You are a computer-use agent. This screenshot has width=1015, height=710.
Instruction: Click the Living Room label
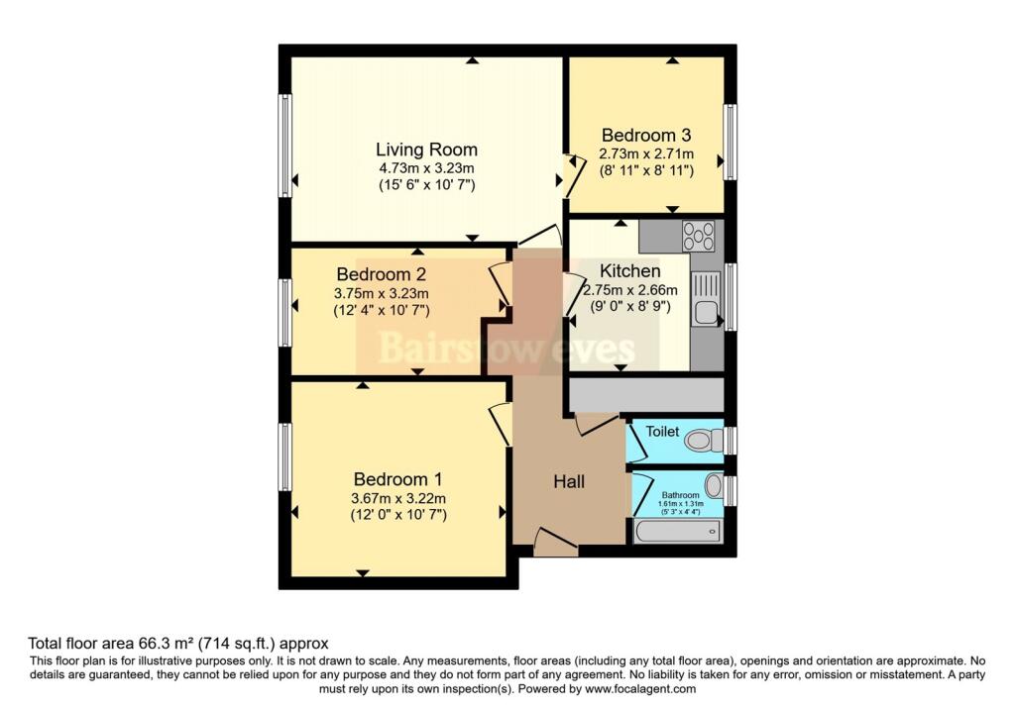[x=426, y=150]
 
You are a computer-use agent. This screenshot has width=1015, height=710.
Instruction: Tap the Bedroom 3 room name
[x=645, y=135]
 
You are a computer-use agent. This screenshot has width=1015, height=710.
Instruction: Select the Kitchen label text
[x=630, y=270]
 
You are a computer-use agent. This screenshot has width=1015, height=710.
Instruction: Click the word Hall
[x=569, y=481]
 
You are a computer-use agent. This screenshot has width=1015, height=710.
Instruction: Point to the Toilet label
[x=662, y=432]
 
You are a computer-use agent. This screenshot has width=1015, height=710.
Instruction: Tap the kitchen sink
[x=706, y=314]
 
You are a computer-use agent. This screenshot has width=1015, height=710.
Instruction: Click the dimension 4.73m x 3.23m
[x=426, y=168]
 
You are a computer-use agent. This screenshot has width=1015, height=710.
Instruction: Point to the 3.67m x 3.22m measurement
[x=400, y=497]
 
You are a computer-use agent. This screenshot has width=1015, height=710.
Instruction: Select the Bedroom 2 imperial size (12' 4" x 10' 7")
[x=381, y=309]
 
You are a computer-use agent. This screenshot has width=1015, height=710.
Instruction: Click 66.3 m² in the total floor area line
[x=152, y=643]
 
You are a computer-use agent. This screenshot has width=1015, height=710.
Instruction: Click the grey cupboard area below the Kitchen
[x=645, y=394]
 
